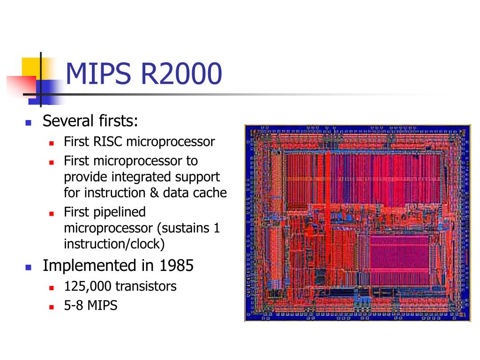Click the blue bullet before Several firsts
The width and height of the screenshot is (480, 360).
(x=28, y=123)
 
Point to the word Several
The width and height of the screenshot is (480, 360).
(x=68, y=121)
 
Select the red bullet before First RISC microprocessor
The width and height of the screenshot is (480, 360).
(x=52, y=142)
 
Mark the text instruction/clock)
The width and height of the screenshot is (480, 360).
(x=114, y=244)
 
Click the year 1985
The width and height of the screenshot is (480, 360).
(x=176, y=266)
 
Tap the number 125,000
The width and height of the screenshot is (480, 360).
(x=88, y=286)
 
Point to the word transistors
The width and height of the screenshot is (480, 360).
(x=146, y=286)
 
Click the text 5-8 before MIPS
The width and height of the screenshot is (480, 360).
(x=73, y=306)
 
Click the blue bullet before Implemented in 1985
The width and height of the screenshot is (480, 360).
(x=28, y=268)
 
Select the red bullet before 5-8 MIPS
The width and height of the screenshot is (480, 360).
(x=52, y=307)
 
